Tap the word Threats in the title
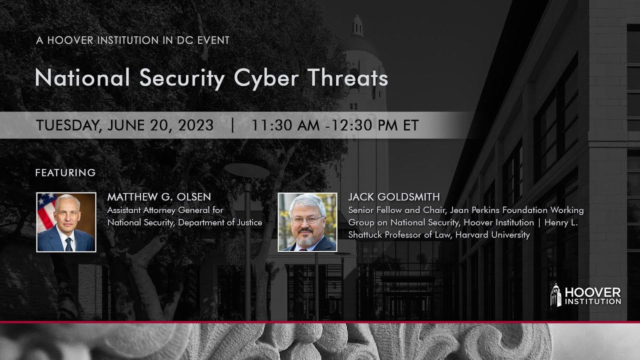(x=347, y=78)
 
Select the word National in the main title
(x=82, y=78)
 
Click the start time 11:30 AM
(x=285, y=125)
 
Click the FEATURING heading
(x=65, y=173)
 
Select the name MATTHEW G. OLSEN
(x=159, y=197)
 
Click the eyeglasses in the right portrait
(x=306, y=219)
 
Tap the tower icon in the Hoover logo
(x=555, y=295)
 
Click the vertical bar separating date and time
(x=232, y=125)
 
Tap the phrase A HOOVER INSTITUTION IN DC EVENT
(x=132, y=40)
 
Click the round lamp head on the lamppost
(x=246, y=170)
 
